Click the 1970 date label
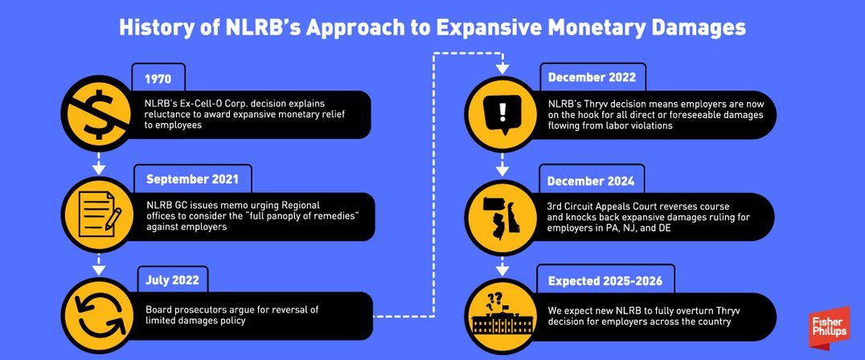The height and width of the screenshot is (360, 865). click(158, 79)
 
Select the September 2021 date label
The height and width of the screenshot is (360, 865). click(187, 178)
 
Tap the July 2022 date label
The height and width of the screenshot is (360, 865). click(173, 280)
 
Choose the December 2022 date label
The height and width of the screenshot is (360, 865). click(592, 77)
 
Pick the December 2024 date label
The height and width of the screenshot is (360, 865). click(592, 180)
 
